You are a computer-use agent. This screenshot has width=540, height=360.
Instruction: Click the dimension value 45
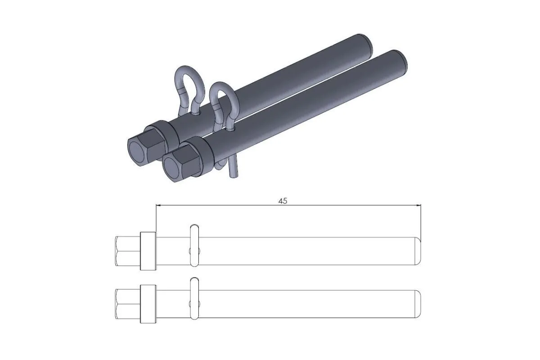pyautogui.click(x=283, y=201)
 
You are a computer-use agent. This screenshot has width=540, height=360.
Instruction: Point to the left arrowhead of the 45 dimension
pyautogui.click(x=158, y=206)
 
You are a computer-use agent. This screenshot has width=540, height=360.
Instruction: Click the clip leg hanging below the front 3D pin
pyautogui.click(x=234, y=169)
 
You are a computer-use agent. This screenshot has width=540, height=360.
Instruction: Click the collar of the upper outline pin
pyautogui.click(x=148, y=251)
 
